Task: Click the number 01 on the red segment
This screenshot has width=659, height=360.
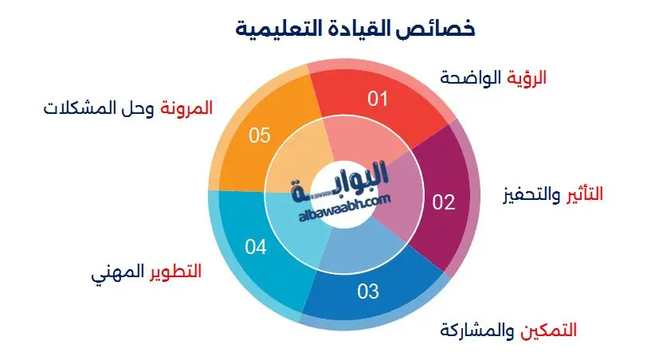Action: (377, 99)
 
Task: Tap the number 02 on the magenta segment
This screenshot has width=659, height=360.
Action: (444, 202)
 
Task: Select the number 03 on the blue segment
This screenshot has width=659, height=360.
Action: (367, 291)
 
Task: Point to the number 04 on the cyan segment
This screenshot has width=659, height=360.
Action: (255, 248)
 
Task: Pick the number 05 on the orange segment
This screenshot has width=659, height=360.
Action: (260, 135)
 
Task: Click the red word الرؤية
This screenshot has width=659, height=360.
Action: (528, 78)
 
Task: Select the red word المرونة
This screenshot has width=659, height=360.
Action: (187, 108)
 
